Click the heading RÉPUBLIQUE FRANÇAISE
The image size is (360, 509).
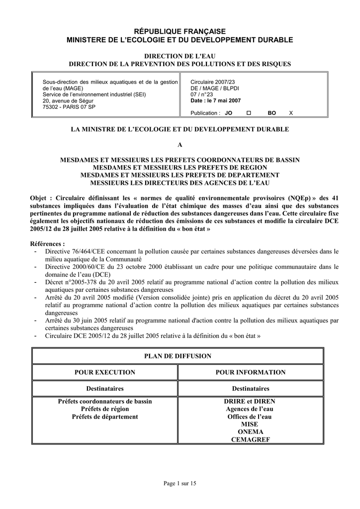180,31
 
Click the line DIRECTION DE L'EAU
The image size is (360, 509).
180,56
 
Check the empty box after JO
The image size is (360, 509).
249,113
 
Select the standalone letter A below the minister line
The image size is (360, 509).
180,145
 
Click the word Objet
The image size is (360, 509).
40,197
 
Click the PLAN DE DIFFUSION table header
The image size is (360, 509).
178,356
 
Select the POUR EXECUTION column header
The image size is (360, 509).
104,372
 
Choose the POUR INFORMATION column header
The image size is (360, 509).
251,372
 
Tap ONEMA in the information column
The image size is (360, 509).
251,432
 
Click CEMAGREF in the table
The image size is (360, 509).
251,439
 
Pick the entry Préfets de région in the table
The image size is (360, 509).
104,409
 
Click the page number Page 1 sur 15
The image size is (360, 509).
180,484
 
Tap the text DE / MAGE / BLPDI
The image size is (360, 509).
215,88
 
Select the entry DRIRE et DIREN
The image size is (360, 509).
251,401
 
